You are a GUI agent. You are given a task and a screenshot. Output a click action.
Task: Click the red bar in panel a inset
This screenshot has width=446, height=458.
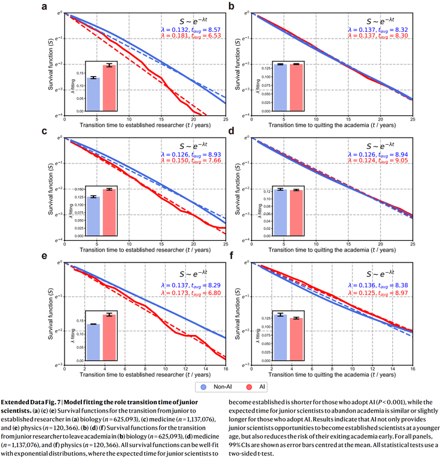tap(108, 88)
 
